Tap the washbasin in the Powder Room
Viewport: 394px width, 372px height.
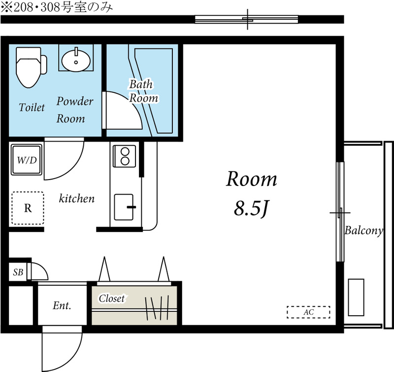click(76, 59)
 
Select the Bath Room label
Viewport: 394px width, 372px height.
click(143, 91)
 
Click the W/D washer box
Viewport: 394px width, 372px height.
click(26, 160)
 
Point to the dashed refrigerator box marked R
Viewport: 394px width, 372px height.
click(28, 208)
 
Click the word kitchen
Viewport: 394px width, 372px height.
click(76, 199)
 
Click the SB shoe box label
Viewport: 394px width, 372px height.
click(18, 272)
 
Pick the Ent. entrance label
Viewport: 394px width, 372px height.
click(62, 306)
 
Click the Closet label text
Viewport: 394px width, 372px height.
click(112, 298)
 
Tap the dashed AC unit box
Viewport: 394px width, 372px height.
click(308, 312)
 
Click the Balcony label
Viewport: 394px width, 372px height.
click(363, 230)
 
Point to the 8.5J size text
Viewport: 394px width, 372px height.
click(251, 209)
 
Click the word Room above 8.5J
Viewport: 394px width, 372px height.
click(251, 179)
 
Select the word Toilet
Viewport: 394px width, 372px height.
click(32, 108)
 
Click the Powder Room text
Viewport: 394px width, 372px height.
click(74, 110)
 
